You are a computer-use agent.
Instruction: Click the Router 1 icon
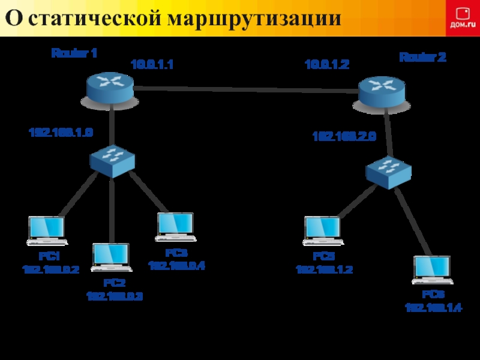[x=109, y=86]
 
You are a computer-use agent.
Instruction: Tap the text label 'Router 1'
[x=74, y=53]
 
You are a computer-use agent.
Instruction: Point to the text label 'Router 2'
[x=422, y=58]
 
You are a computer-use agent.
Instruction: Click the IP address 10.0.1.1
[x=152, y=64]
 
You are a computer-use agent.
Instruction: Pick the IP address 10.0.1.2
[x=327, y=64]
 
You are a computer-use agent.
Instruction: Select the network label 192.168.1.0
[x=61, y=132]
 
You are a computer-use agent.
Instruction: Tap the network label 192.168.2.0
[x=344, y=137]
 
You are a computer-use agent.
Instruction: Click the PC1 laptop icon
[x=46, y=230]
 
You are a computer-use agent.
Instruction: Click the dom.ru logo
[x=462, y=18]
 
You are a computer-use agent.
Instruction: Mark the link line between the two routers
[x=246, y=90]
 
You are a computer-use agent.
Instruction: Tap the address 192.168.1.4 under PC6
[x=433, y=308]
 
